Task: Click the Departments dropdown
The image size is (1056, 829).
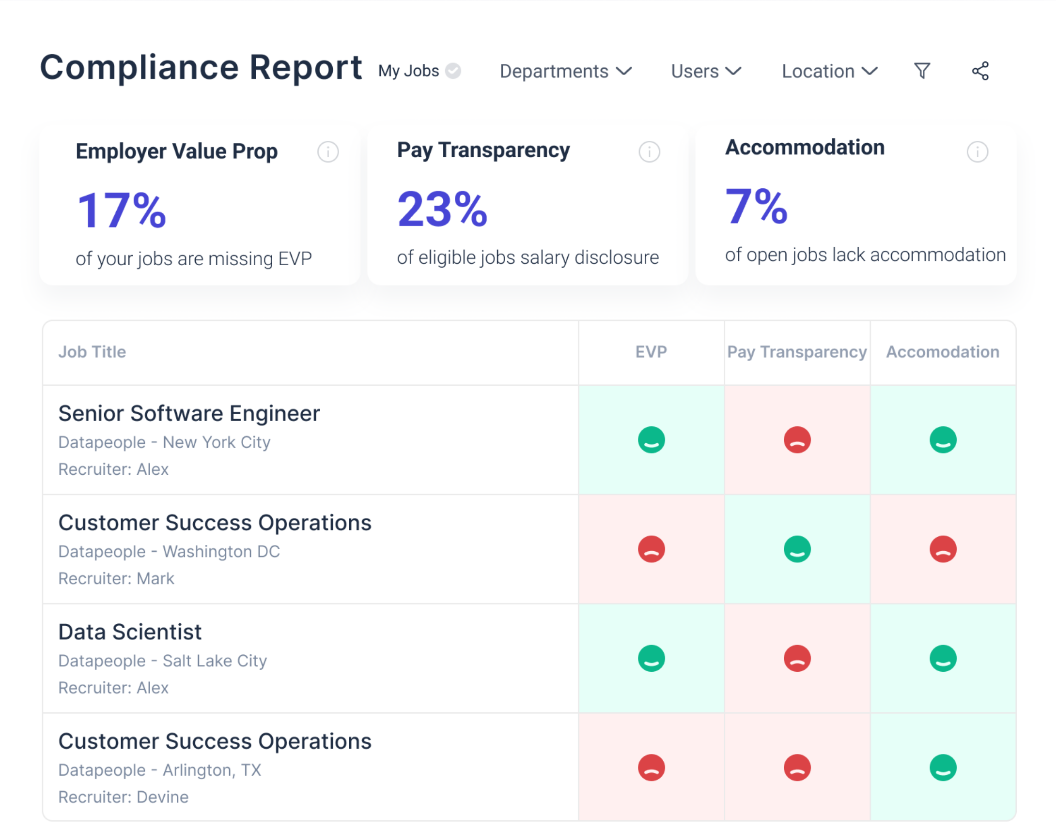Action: pyautogui.click(x=565, y=71)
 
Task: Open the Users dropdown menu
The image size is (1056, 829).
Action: pyautogui.click(x=706, y=71)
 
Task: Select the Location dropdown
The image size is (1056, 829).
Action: pyautogui.click(x=830, y=71)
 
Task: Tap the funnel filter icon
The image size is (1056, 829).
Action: pyautogui.click(x=922, y=71)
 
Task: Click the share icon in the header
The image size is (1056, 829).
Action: pyautogui.click(x=980, y=71)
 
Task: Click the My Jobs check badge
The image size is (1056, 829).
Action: pyautogui.click(x=453, y=71)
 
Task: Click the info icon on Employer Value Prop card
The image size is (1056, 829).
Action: pyautogui.click(x=328, y=152)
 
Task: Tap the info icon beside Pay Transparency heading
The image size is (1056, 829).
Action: pyautogui.click(x=649, y=152)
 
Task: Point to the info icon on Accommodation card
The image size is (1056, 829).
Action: pyautogui.click(x=978, y=152)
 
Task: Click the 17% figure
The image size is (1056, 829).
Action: pyautogui.click(x=122, y=210)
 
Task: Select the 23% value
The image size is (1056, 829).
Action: pyautogui.click(x=442, y=209)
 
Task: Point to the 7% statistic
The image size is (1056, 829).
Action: pyautogui.click(x=756, y=206)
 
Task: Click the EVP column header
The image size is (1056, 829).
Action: pyautogui.click(x=651, y=352)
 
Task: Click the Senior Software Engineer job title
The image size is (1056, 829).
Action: pyautogui.click(x=189, y=413)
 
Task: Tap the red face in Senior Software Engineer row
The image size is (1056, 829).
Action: pyautogui.click(x=797, y=440)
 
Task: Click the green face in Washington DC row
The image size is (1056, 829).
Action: pyautogui.click(x=797, y=549)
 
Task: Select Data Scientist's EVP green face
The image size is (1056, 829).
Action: pyautogui.click(x=651, y=658)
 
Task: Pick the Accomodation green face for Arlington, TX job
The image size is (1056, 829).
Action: pyautogui.click(x=943, y=768)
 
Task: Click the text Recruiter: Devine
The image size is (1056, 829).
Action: pyautogui.click(x=124, y=797)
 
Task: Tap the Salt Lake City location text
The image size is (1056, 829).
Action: pyautogui.click(x=214, y=661)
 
